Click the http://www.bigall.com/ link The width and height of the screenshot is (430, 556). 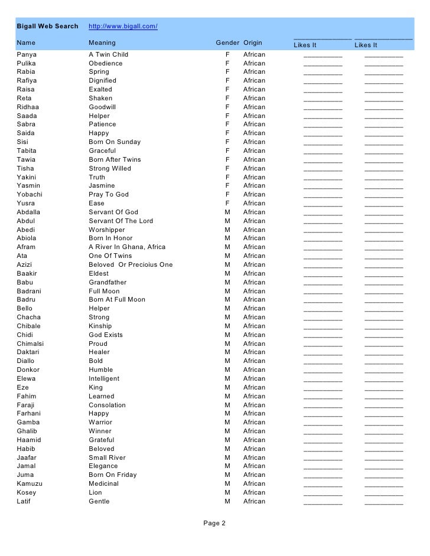[x=123, y=27]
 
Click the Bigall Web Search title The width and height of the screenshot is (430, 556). [x=47, y=27]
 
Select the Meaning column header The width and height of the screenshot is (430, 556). [x=102, y=43]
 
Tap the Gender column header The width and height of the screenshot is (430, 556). [x=227, y=43]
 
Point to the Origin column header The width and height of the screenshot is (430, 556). [x=253, y=43]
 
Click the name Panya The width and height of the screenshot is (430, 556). [x=27, y=54]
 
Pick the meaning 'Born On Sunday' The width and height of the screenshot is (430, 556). [x=115, y=142]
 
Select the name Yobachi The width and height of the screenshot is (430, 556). [x=30, y=195]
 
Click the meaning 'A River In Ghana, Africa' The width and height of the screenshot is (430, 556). [x=127, y=247]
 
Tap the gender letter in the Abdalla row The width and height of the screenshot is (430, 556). [x=227, y=212]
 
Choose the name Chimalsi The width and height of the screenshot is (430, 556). [x=30, y=344]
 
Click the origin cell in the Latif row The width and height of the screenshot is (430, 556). [x=254, y=502]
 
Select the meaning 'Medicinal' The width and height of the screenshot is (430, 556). [x=103, y=484]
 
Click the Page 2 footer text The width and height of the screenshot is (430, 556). [x=214, y=523]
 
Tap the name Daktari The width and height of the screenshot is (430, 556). [x=30, y=352]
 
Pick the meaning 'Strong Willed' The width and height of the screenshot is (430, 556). [x=110, y=169]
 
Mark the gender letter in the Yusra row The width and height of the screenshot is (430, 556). [x=227, y=204]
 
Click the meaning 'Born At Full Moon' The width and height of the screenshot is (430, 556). [x=117, y=300]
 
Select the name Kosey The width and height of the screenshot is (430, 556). [x=27, y=493]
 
